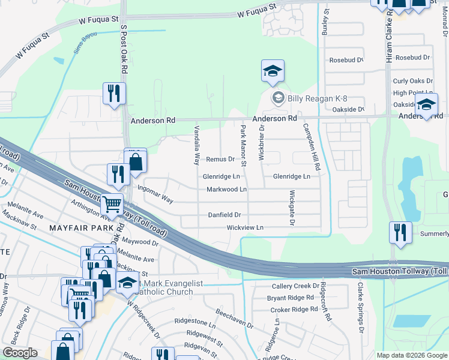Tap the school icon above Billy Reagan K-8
[x=272, y=71]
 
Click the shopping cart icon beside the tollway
[x=112, y=205]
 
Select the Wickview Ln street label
[x=245, y=228]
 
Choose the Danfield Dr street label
[x=224, y=214]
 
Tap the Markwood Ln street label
[x=227, y=190]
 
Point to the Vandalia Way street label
[x=196, y=146]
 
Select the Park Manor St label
[x=244, y=146]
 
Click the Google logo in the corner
[x=20, y=353]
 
